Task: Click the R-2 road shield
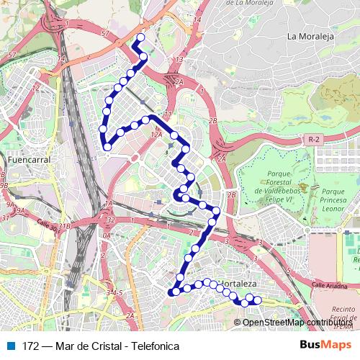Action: point(312,138)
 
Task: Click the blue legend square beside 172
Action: point(11,346)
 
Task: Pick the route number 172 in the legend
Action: point(31,346)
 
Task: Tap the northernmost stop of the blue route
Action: point(140,37)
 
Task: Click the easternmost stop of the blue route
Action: point(258,300)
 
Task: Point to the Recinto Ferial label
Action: point(343,311)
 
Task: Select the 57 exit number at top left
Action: point(12,54)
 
